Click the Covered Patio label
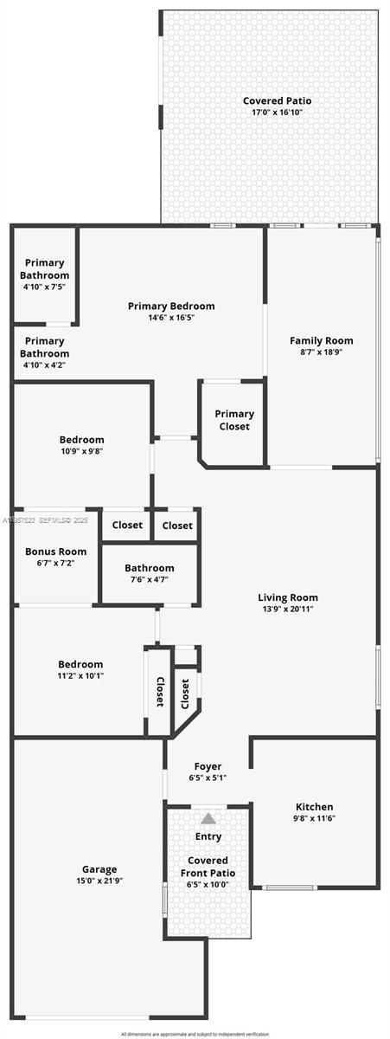(x=277, y=101)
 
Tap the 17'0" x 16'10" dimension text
(x=277, y=113)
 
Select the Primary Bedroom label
(x=171, y=306)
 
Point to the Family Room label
(x=321, y=340)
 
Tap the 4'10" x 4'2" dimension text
(x=45, y=365)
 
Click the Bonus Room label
(x=55, y=552)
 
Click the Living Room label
(x=288, y=597)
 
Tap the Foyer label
(x=208, y=766)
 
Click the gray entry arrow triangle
(x=208, y=818)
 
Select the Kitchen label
(x=315, y=806)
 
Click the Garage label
(x=99, y=869)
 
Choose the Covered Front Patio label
(x=208, y=867)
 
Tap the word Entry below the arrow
(x=208, y=836)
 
